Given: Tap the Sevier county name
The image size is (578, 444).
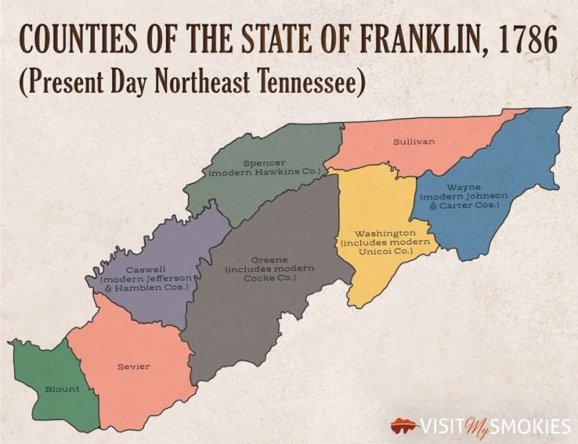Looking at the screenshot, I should [133, 366].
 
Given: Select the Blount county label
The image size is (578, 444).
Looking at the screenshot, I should [62, 389].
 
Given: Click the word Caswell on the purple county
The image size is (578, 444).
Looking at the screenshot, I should [145, 269].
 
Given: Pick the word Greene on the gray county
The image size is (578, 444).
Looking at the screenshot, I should [264, 260].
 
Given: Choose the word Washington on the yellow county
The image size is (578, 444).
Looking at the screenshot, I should [385, 234].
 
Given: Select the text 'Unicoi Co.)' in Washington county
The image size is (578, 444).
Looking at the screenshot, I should [385, 252].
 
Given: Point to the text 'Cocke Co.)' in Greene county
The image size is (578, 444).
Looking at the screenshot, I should [264, 278].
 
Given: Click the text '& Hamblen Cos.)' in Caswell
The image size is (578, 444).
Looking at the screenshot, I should [145, 288].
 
